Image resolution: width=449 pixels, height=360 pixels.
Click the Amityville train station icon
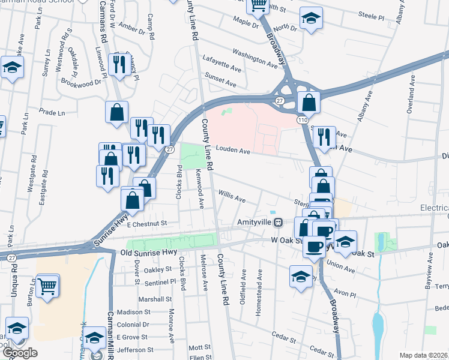278,223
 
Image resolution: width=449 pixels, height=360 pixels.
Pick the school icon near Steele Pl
311,18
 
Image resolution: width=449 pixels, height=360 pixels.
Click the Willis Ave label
232,196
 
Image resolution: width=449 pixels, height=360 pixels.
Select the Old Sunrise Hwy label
147,254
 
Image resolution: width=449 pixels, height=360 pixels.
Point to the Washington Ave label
257,58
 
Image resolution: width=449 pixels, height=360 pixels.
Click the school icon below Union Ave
300,275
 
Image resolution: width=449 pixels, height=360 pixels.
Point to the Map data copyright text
424,355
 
